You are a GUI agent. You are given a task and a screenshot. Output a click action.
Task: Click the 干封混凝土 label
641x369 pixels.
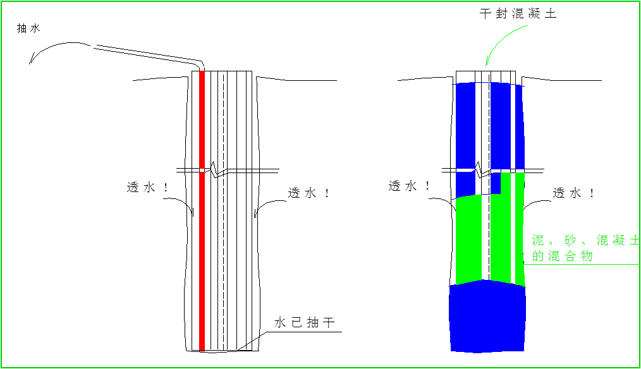coord(517,14)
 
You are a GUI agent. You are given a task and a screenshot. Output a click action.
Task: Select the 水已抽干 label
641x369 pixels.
coord(306,322)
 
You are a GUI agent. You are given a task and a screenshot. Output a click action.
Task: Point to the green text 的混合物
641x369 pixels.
coord(562,257)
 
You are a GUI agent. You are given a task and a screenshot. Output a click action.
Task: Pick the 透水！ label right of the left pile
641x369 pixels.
coord(309,193)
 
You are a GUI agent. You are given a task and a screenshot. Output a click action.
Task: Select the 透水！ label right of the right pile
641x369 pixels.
coord(574,193)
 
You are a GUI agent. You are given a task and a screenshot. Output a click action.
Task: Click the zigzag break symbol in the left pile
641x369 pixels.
coord(216,170)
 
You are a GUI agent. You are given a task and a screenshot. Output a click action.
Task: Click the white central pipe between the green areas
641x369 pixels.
coord(485,240)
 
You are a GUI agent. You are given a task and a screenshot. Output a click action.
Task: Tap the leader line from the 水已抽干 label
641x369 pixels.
coord(253,342)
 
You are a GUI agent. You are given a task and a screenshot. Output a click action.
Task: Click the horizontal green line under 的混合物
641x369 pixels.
coord(582,265)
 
